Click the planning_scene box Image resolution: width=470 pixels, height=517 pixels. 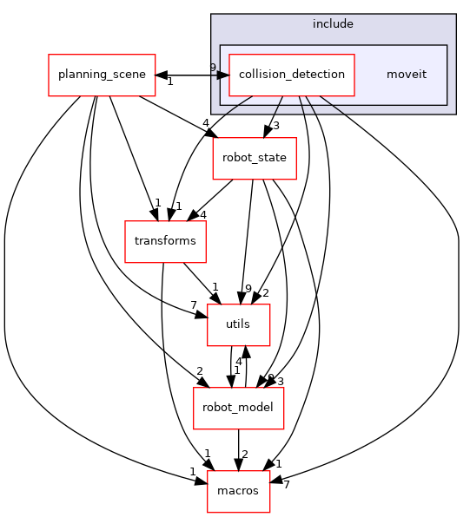(x=102, y=75)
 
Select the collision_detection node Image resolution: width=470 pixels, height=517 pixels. (x=291, y=75)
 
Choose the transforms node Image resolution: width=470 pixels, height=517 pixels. (x=165, y=241)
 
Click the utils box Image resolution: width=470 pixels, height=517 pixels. (x=238, y=324)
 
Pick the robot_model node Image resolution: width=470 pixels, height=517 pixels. (x=238, y=408)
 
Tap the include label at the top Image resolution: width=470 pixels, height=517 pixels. (x=333, y=23)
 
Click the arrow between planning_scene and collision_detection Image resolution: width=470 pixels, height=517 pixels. (x=191, y=75)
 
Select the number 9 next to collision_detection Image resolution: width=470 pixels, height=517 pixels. (x=213, y=68)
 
